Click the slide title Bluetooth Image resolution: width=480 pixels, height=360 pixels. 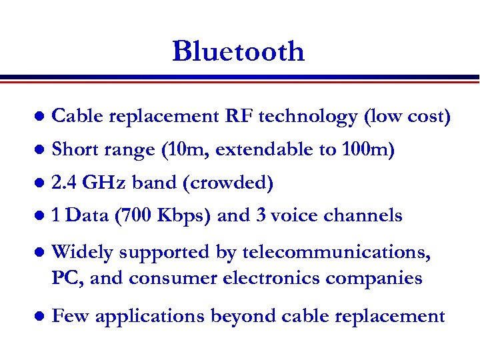[x=238, y=51]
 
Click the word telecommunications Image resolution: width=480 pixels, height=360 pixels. [x=336, y=253]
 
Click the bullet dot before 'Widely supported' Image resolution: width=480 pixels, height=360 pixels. [x=39, y=253]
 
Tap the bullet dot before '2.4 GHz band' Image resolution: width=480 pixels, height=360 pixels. [x=39, y=182]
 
